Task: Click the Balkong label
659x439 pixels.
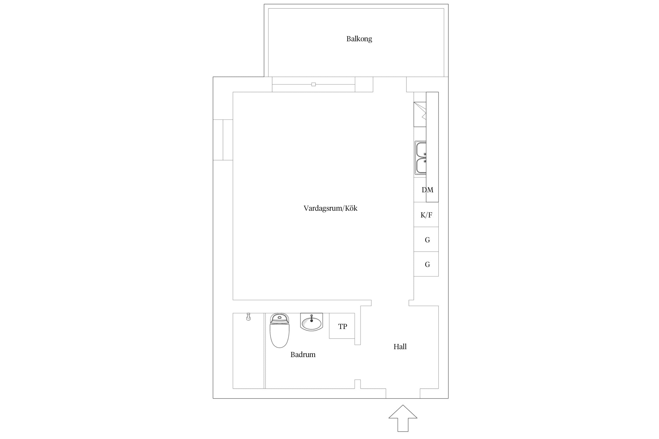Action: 359,39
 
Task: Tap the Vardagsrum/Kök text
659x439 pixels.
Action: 330,208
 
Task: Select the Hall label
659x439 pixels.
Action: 400,347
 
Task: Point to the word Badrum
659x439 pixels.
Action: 303,354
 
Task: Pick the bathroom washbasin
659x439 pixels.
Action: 311,322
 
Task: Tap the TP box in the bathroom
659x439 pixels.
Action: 342,326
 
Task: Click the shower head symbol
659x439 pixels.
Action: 248,317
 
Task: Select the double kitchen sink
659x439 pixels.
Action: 420,158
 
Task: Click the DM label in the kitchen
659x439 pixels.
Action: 427,190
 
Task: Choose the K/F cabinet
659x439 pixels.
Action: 426,215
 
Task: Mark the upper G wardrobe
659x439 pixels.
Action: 426,239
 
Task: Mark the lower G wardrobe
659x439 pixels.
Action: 426,264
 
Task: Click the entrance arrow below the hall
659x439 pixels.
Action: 403,418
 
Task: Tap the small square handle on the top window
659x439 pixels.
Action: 313,84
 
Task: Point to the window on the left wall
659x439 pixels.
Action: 223,140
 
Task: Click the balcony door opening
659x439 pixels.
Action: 390,84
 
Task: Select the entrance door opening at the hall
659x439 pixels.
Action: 403,393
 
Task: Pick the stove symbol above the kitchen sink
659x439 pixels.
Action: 420,114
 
